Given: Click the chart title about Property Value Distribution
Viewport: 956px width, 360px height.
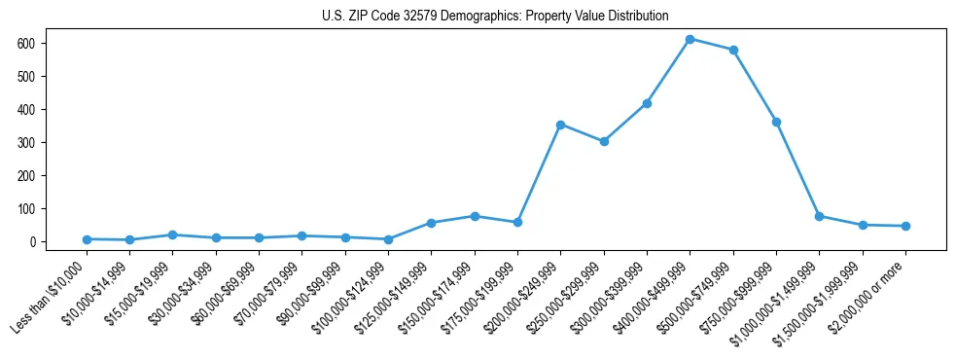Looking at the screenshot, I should tap(495, 16).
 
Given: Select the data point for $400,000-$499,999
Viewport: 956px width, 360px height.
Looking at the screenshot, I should tap(690, 39).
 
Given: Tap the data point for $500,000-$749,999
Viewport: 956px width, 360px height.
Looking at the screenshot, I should tap(733, 50).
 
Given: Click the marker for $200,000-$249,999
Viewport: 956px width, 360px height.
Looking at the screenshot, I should tap(560, 125).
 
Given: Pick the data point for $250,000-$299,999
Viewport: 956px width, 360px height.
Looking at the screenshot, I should tap(604, 141).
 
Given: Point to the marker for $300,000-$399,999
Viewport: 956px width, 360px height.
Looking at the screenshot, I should tap(647, 103).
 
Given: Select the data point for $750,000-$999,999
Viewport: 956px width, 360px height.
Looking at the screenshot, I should tap(776, 122).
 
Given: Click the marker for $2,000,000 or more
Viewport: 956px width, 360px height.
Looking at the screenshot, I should tap(905, 226).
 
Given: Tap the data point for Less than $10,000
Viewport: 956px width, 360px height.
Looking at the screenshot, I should tap(87, 239).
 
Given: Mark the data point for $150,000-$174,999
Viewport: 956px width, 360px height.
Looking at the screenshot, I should tap(475, 216).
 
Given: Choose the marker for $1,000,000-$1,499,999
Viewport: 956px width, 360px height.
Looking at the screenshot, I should tap(819, 216).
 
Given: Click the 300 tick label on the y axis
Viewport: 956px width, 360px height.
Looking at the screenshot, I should tap(27, 143).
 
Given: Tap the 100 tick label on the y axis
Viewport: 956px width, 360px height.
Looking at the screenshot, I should tap(27, 209).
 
